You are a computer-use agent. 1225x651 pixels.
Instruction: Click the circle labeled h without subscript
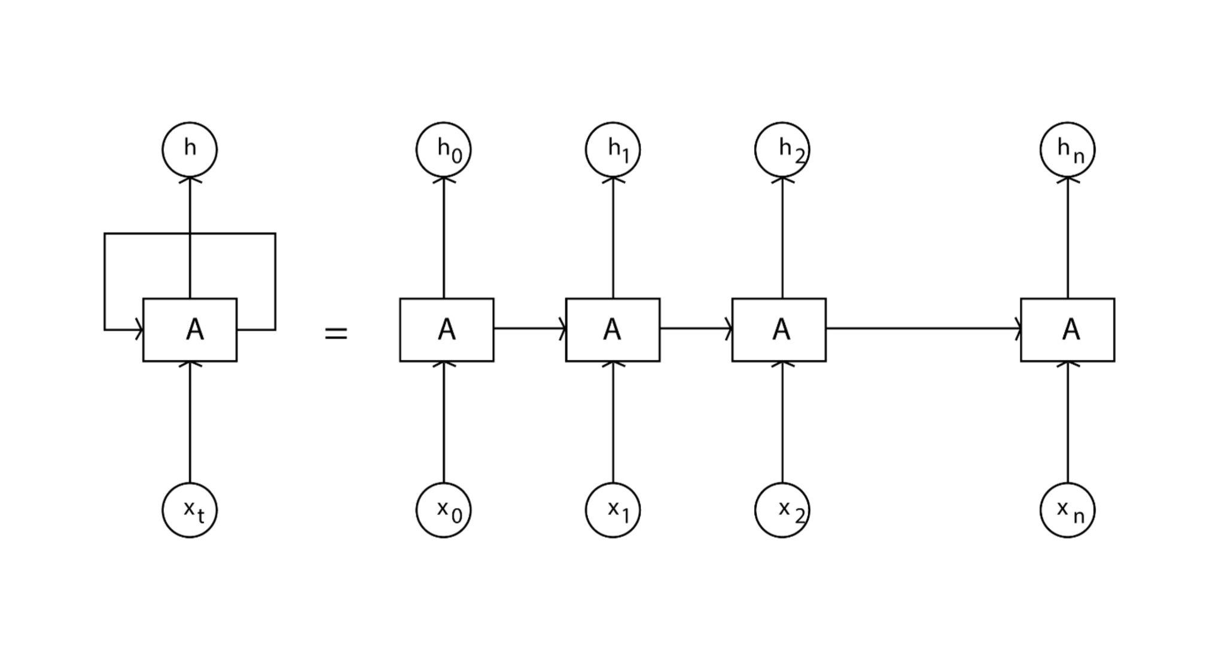190,149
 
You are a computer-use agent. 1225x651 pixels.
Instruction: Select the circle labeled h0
443,149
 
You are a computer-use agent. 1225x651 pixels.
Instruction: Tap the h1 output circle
612,149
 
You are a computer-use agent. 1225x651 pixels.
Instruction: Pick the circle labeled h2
782,149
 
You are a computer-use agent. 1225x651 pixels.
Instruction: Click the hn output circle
1068,149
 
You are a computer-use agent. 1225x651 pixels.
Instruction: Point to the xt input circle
190,510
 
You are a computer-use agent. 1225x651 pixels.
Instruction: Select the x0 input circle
443,510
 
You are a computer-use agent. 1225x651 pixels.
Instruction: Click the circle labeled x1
612,510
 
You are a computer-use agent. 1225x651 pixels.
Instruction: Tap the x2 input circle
782,510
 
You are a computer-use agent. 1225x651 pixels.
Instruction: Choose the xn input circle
1068,510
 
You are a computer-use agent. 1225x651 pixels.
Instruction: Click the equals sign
336,334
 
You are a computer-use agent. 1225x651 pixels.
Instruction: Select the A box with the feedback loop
190,329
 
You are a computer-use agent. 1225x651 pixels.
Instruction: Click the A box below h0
447,329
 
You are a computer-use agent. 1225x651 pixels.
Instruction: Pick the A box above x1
612,329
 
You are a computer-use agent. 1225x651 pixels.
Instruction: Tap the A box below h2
779,329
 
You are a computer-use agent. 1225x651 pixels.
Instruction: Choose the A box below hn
1068,329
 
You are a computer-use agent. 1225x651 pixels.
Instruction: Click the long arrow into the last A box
921,328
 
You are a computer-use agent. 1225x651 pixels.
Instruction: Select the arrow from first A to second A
529,328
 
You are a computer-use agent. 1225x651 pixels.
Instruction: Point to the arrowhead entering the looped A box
139,329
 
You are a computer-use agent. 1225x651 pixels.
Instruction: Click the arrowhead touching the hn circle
1068,179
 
